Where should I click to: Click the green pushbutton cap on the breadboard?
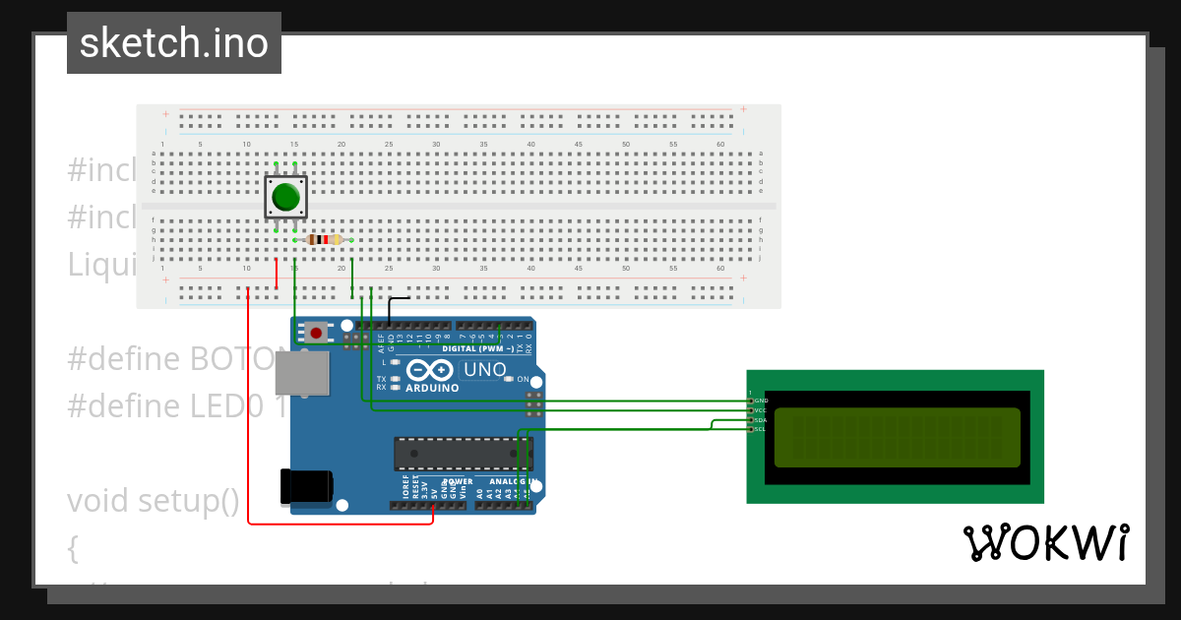285,197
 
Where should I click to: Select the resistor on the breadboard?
324,239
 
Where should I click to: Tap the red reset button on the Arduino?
316,333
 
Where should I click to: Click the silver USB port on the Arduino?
300,374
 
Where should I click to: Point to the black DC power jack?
307,486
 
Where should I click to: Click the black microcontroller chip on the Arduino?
463,454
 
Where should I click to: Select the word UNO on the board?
484,370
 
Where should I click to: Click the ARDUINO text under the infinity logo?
431,388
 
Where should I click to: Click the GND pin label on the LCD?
761,401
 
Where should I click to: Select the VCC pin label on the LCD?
761,410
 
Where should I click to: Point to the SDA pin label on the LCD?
761,420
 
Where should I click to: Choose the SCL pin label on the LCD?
761,429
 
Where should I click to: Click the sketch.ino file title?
174,43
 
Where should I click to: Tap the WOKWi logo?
1045,542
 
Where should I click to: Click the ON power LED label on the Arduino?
524,380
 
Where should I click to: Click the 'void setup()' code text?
154,501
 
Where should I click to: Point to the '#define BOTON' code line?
177,358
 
